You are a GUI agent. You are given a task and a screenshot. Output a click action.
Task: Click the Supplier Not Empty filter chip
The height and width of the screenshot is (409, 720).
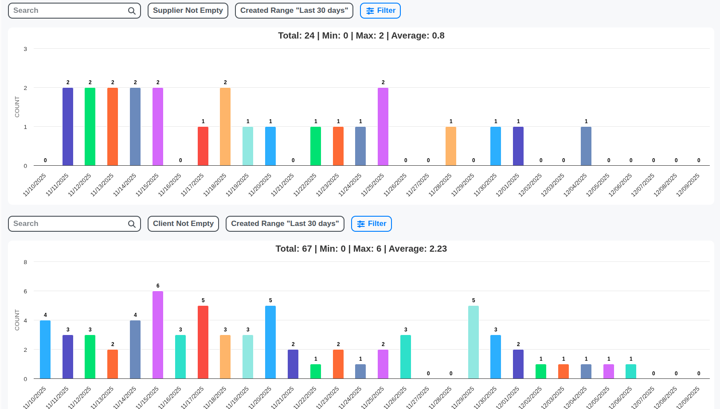188,11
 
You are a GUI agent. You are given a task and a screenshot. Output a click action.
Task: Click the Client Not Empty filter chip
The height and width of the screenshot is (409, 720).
183,224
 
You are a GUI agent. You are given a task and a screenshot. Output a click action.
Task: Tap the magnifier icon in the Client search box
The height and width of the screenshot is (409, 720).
132,224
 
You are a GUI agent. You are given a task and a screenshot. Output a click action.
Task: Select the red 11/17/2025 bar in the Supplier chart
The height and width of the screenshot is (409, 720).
203,146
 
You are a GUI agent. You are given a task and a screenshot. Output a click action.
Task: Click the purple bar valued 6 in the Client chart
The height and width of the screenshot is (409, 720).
158,335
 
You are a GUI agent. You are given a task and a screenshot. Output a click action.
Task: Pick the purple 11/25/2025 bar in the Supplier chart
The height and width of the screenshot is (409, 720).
383,127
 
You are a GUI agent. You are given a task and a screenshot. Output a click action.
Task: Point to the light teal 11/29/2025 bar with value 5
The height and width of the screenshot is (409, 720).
473,342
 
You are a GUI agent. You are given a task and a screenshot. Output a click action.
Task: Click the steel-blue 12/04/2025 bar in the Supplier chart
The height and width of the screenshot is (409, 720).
586,146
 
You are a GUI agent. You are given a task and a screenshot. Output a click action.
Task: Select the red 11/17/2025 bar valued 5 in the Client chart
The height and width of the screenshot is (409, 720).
203,342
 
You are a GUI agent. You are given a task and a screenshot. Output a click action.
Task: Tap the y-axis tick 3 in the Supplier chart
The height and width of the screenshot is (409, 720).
25,49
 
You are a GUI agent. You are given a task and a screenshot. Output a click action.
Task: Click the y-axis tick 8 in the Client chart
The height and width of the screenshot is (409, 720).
25,262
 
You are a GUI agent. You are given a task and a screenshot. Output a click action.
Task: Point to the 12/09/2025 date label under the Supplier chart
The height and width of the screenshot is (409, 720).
688,185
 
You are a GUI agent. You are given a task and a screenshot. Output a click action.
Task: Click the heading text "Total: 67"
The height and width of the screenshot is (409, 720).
293,249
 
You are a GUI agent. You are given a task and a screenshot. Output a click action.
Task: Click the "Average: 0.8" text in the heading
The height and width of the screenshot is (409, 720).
418,36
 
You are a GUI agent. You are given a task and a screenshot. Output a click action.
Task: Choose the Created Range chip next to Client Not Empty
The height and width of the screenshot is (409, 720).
285,224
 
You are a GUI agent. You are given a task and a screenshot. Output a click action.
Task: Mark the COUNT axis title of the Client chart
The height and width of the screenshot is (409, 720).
17,320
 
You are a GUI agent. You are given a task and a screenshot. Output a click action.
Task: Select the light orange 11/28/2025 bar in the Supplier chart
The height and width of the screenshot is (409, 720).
451,146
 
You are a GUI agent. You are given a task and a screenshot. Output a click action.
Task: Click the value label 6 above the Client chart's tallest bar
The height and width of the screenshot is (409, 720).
158,286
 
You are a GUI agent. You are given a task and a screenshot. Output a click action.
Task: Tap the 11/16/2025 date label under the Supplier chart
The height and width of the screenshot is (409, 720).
170,185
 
